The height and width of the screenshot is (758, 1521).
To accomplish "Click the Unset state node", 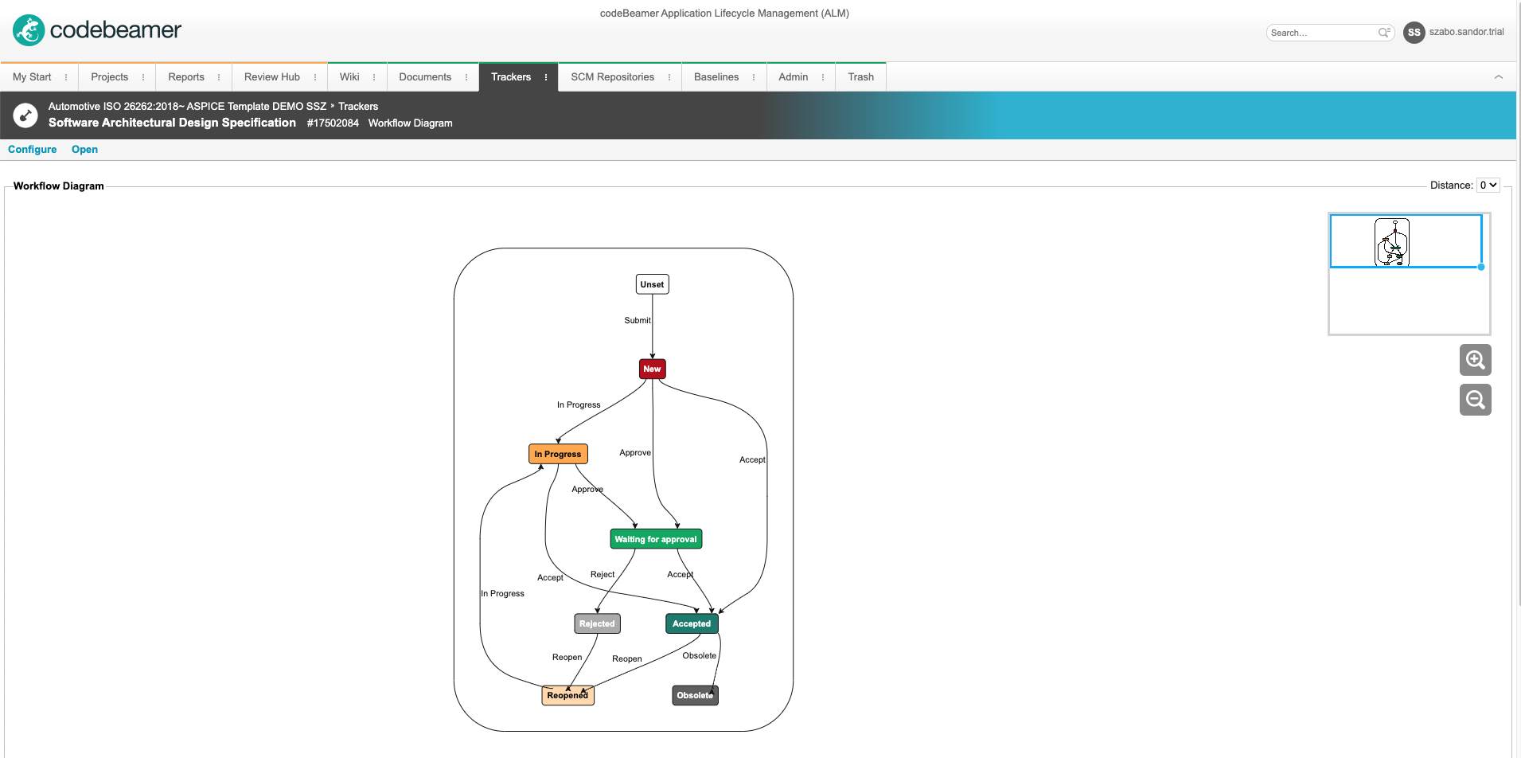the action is point(652,284).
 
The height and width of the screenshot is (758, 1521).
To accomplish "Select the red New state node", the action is point(652,369).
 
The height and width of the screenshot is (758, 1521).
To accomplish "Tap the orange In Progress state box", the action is point(558,454).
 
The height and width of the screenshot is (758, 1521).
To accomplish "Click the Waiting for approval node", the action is point(656,539).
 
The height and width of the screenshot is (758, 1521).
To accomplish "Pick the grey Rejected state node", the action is point(597,623).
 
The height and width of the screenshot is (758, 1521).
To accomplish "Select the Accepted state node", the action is point(692,623).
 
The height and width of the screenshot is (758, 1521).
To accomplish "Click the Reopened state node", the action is point(567,695).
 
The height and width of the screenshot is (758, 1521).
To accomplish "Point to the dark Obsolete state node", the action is point(695,695).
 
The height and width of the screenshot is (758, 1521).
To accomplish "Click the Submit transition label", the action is point(638,320).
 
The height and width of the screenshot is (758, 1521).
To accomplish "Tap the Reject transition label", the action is point(603,574).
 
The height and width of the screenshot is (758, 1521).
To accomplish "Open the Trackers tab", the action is point(511,76).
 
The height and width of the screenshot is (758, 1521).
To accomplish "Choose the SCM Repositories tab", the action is point(612,76).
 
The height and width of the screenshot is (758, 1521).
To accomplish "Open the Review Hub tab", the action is point(272,76).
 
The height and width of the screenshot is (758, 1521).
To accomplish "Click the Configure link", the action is point(33,149).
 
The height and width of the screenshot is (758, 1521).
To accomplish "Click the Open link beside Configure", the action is point(84,149).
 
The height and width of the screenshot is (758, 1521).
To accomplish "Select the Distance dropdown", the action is point(1488,185).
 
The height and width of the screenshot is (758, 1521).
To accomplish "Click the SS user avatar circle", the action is point(1414,33).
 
